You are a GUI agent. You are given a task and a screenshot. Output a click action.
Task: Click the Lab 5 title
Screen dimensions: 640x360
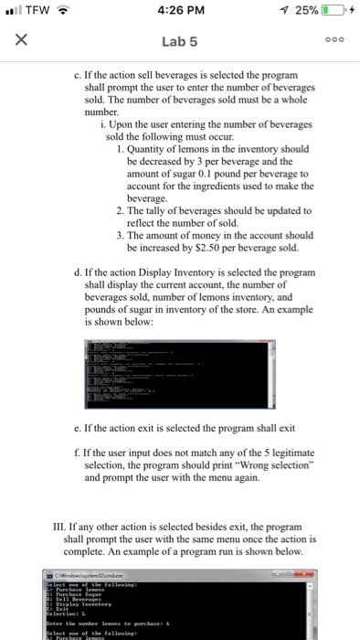click(x=180, y=41)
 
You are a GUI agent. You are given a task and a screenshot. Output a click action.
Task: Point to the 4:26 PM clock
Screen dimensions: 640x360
click(x=179, y=11)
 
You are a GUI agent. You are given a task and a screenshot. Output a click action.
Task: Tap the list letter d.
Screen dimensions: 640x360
click(x=76, y=272)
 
